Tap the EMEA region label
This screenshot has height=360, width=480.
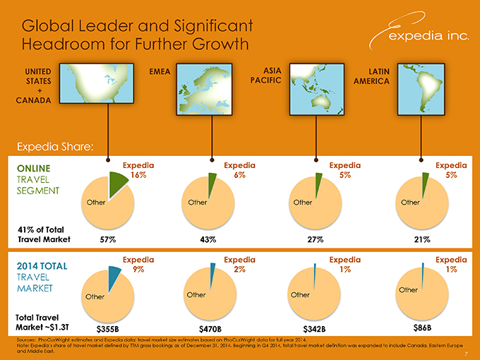(x=160, y=71)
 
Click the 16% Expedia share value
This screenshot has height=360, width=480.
(x=138, y=175)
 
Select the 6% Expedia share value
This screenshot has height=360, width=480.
(x=240, y=175)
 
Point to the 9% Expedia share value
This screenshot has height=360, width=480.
(x=138, y=269)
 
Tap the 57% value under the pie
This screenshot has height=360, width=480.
(x=108, y=239)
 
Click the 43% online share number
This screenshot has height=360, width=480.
(x=208, y=239)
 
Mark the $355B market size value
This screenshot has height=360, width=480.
(x=107, y=329)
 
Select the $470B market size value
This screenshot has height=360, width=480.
(x=210, y=329)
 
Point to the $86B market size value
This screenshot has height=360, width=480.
(x=421, y=328)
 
